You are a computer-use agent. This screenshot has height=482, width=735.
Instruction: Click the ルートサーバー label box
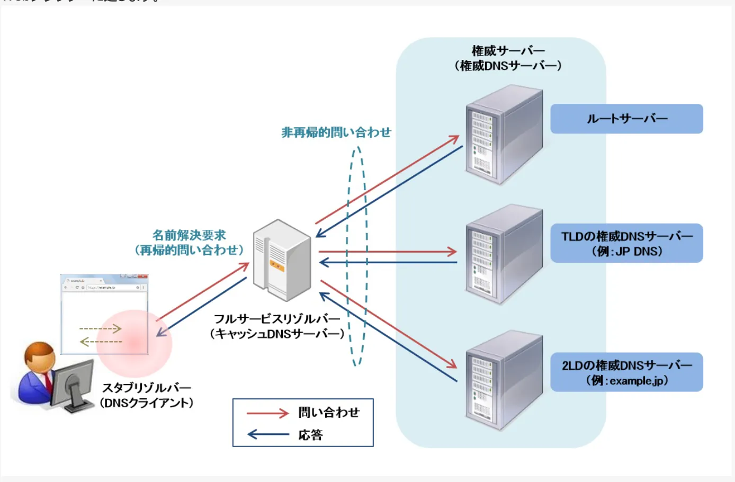pyautogui.click(x=626, y=119)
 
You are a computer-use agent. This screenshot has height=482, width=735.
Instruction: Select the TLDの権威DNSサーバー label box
pyautogui.click(x=626, y=243)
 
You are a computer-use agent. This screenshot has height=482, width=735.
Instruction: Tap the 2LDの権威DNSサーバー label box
pyautogui.click(x=626, y=372)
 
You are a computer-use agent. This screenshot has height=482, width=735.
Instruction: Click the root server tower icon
pyautogui.click(x=504, y=136)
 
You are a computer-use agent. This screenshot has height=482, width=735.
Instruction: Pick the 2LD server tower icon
pyautogui.click(x=504, y=380)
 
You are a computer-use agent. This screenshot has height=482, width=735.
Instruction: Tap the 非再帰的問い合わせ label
pyautogui.click(x=336, y=132)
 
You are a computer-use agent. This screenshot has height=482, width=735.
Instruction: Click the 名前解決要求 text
pyautogui.click(x=189, y=235)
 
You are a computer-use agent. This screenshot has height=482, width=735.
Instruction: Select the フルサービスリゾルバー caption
pyautogui.click(x=277, y=319)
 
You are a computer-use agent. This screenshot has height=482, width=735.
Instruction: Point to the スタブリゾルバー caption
pyautogui.click(x=147, y=388)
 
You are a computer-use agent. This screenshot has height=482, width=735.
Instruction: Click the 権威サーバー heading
pyautogui.click(x=508, y=51)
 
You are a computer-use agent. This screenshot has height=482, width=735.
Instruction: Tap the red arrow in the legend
pyautogui.click(x=268, y=413)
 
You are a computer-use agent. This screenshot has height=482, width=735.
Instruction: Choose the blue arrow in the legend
pyautogui.click(x=268, y=435)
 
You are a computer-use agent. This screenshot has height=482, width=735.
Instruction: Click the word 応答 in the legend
pyautogui.click(x=311, y=435)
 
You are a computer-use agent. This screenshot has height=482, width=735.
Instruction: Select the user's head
pyautogui.click(x=39, y=356)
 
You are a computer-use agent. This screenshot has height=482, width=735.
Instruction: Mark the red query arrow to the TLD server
pyautogui.click(x=388, y=251)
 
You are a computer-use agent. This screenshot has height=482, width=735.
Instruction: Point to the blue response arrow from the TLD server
pyautogui.click(x=388, y=262)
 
